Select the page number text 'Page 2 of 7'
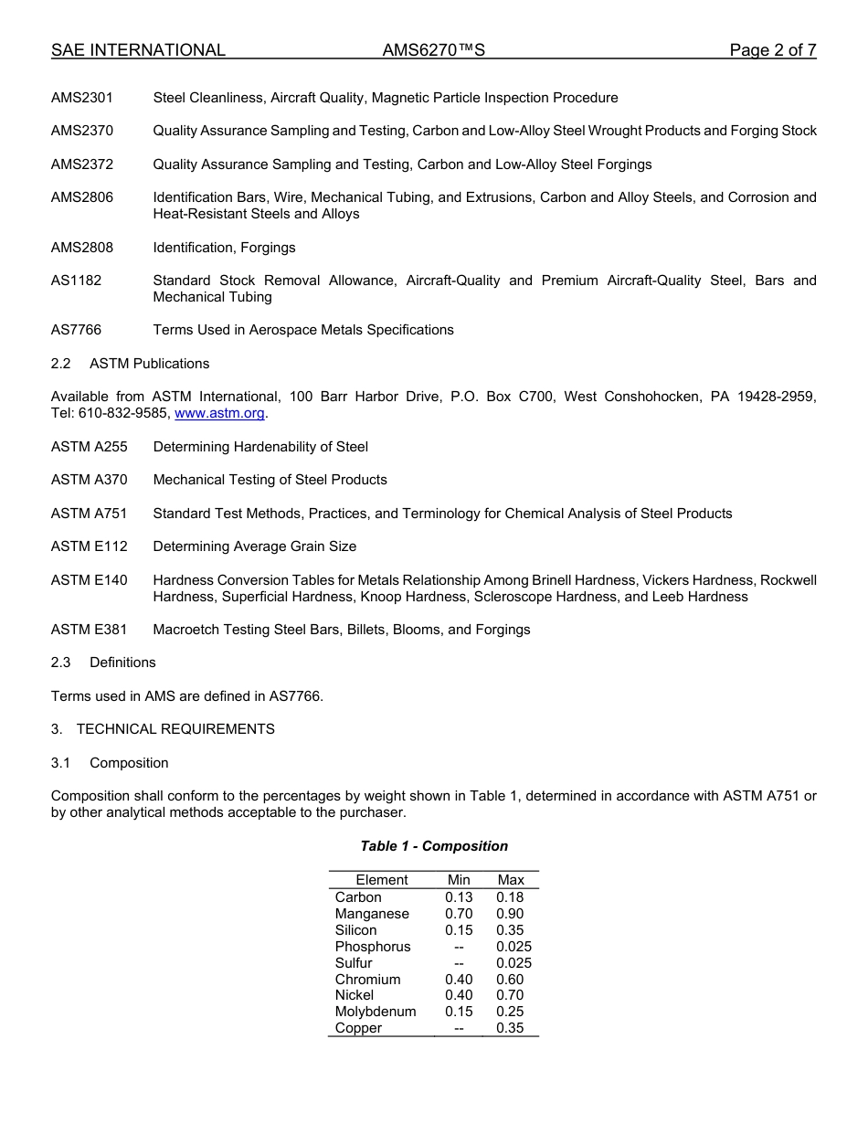tap(772, 50)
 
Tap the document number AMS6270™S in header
tap(433, 50)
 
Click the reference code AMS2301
tap(82, 98)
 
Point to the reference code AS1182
tap(77, 281)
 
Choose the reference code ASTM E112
tap(90, 546)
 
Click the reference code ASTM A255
tap(90, 447)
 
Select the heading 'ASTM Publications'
tap(149, 364)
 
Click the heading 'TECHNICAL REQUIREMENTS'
tap(175, 729)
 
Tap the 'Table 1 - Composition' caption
tap(434, 846)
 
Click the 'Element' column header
tap(382, 880)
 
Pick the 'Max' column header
tap(511, 880)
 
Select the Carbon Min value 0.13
tap(459, 897)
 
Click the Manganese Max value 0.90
tap(510, 914)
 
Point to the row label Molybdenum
tap(376, 1012)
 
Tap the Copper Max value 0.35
tap(510, 1028)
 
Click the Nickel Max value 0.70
tap(510, 995)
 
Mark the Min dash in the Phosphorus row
tap(459, 947)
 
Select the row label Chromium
tap(367, 980)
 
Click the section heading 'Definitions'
tap(122, 663)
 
